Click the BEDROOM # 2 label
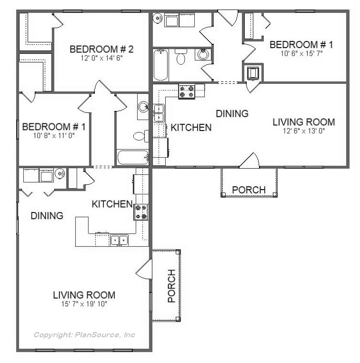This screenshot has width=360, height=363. coord(101,50)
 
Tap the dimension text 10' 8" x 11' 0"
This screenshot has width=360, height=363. coord(54,136)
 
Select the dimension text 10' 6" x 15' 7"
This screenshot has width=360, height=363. coord(301,53)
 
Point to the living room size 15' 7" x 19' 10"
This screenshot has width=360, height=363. coord(84,304)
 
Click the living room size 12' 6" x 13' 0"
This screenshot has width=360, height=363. coord(304,131)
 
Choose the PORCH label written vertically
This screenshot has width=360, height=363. coord(172,286)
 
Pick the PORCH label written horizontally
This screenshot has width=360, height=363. coord(249,190)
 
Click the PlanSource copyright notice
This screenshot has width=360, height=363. coord(84,335)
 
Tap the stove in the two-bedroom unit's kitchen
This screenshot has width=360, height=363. coord(141,212)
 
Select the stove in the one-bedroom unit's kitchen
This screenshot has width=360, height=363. coord(187,91)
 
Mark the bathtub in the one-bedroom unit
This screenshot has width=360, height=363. coord(160,65)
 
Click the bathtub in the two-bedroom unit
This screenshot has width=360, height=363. coord(133,157)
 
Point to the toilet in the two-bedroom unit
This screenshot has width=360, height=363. coord(141,136)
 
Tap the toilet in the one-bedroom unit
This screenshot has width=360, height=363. coord(180,57)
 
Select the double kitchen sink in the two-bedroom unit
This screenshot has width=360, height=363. coord(119,240)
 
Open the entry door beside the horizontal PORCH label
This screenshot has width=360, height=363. coord(250,161)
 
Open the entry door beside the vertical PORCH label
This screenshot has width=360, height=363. coord(144,269)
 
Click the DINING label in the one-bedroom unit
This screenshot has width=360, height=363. coord(232,114)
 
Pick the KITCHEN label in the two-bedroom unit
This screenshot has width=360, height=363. coord(112,204)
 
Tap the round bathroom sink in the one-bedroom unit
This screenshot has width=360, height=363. coord(203,54)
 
